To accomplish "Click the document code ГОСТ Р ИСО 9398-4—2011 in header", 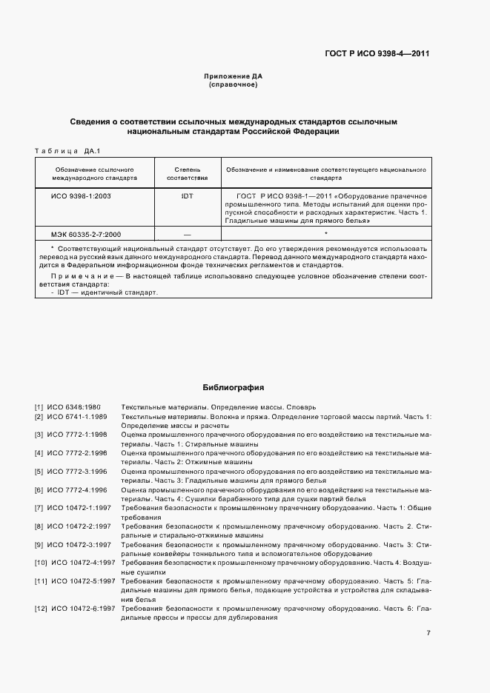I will tap(378, 53).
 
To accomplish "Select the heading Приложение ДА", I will tap(233, 76).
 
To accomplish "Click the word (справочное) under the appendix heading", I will tap(233, 85).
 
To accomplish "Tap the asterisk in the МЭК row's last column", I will tap(325, 233).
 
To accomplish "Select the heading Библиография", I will tap(233, 387).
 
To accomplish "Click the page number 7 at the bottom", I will tap(428, 633).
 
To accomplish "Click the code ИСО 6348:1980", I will tap(74, 407).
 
